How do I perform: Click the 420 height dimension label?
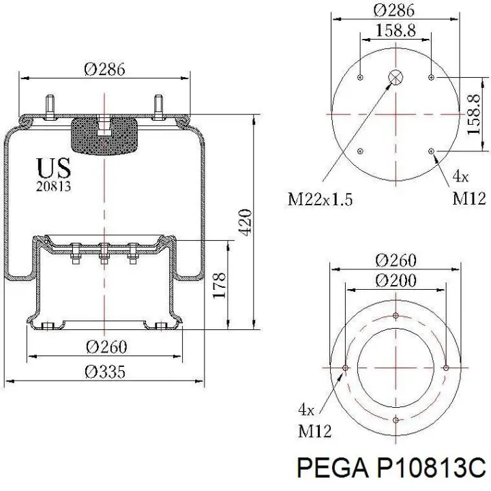[x=245, y=222]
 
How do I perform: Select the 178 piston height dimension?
[x=220, y=285]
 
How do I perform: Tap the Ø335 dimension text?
[x=105, y=372]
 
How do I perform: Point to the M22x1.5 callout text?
[x=320, y=199]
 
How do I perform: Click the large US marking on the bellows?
[x=54, y=168]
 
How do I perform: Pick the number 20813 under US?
[x=54, y=186]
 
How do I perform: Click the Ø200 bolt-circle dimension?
[x=396, y=280]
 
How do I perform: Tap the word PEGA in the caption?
[x=333, y=468]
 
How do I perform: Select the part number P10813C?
[x=432, y=468]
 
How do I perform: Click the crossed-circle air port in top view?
[x=396, y=77]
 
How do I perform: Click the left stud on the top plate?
[x=50, y=107]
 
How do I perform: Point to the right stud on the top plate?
[x=158, y=107]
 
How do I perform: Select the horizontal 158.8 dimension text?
[x=396, y=31]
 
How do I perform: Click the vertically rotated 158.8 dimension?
[x=474, y=115]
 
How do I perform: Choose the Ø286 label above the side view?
[x=104, y=69]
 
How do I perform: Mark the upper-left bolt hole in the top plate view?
[x=360, y=77]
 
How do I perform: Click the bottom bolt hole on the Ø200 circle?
[x=396, y=420]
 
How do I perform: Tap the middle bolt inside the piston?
[x=104, y=253]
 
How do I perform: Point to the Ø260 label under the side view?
[x=106, y=347]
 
